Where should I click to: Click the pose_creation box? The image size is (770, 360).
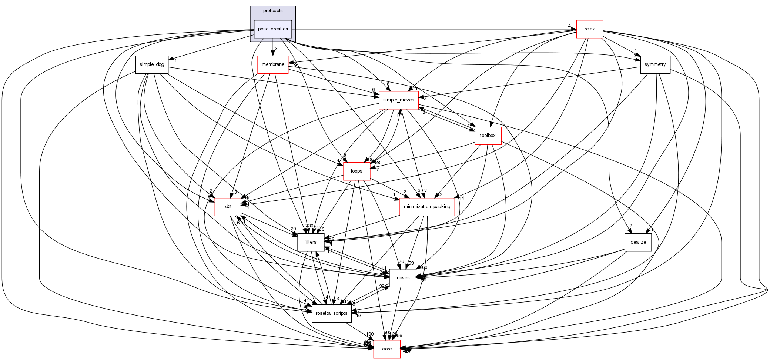pyautogui.click(x=273, y=29)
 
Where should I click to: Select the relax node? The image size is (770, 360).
pyautogui.click(x=589, y=29)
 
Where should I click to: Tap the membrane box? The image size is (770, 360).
pyautogui.click(x=273, y=64)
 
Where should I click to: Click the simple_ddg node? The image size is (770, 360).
pyautogui.click(x=152, y=64)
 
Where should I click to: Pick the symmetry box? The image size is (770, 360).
pyautogui.click(x=655, y=64)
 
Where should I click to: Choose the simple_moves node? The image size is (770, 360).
pyautogui.click(x=398, y=100)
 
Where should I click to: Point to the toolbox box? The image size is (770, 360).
pyautogui.click(x=488, y=136)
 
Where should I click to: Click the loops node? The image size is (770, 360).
pyautogui.click(x=356, y=171)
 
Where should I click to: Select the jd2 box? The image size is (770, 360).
pyautogui.click(x=227, y=207)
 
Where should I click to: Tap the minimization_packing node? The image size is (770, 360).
pyautogui.click(x=427, y=207)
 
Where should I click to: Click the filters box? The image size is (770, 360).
pyautogui.click(x=310, y=242)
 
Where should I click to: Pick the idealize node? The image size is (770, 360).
pyautogui.click(x=637, y=242)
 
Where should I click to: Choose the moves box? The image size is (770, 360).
pyautogui.click(x=402, y=278)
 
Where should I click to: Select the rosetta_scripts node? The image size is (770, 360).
pyautogui.click(x=331, y=313)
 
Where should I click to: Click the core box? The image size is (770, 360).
pyautogui.click(x=386, y=349)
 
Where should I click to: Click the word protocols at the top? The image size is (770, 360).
pyautogui.click(x=273, y=11)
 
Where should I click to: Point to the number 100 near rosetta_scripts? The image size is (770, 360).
pyautogui.click(x=369, y=334)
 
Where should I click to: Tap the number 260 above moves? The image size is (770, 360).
pyautogui.click(x=423, y=267)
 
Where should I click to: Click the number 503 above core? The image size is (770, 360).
pyautogui.click(x=387, y=333)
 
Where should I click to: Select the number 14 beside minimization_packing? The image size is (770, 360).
pyautogui.click(x=461, y=198)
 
